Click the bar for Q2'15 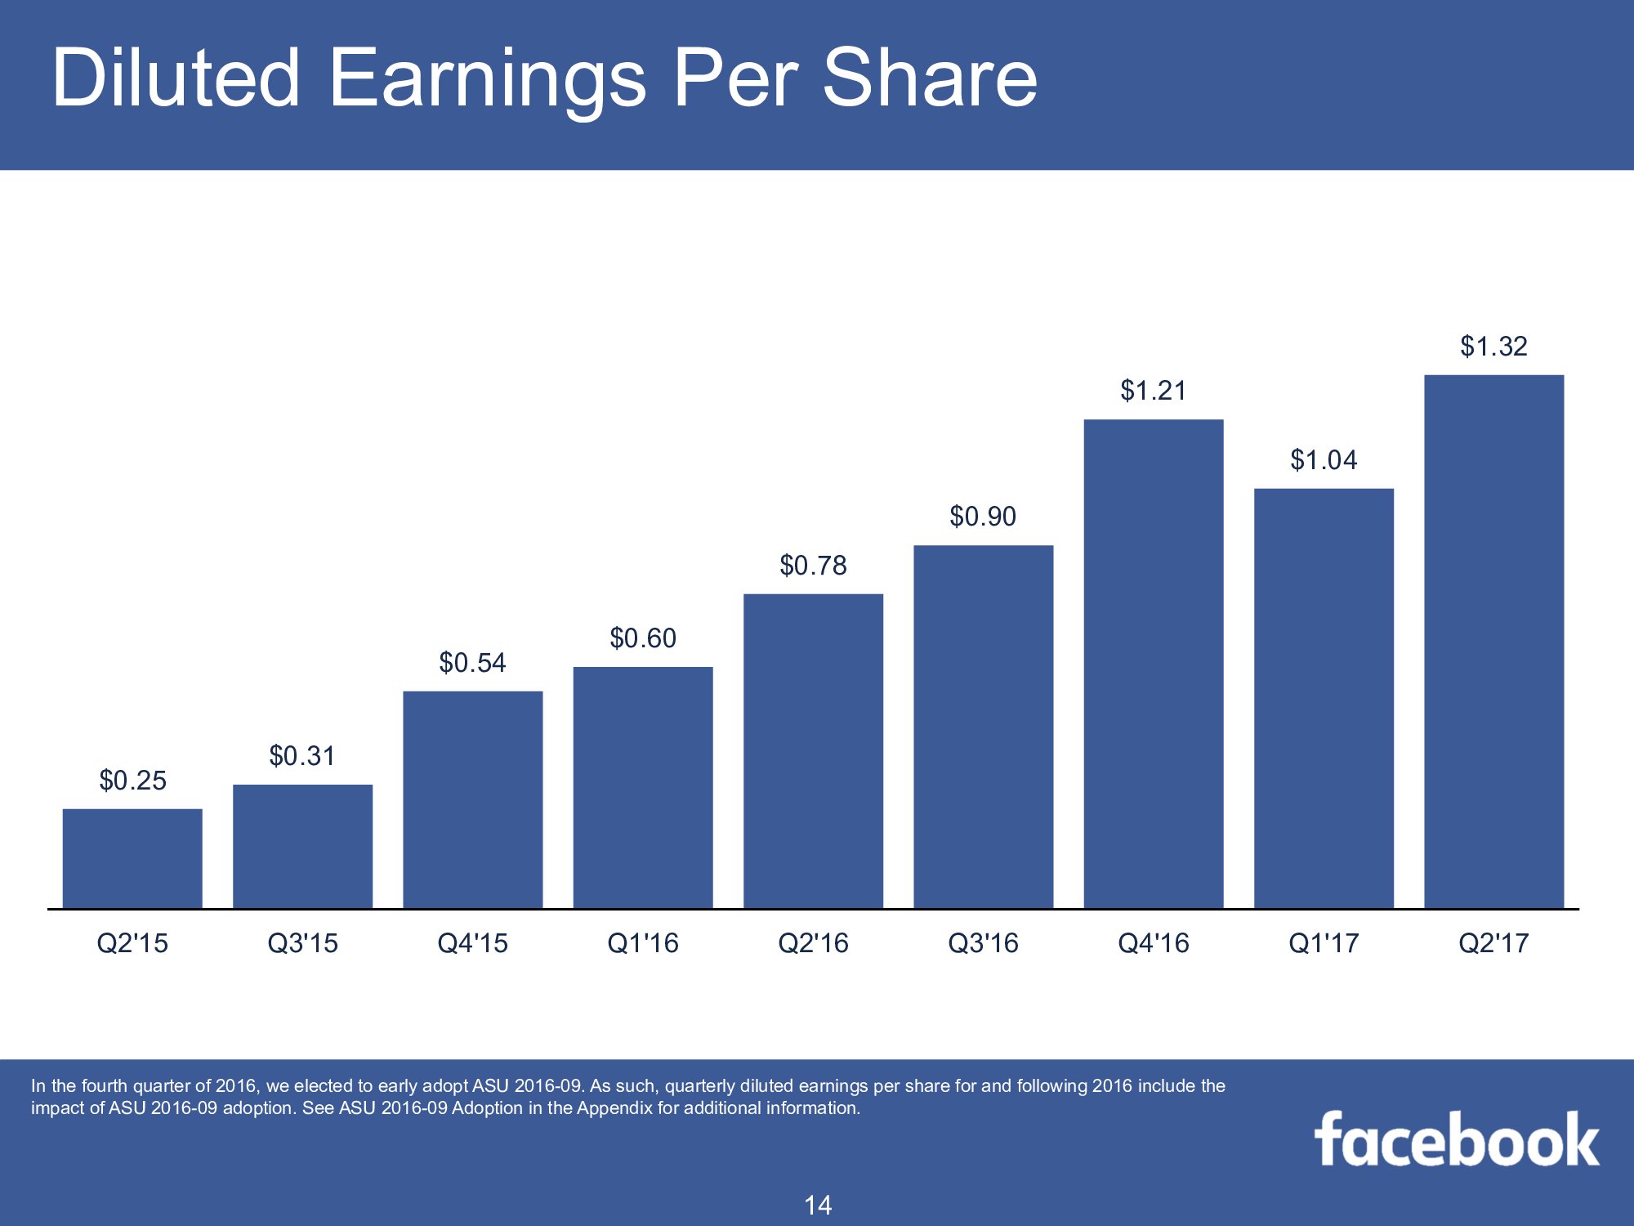coord(132,858)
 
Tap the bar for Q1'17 coord(1324,699)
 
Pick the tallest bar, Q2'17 coord(1493,642)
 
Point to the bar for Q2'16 coord(813,751)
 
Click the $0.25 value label coord(132,781)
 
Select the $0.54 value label coord(472,662)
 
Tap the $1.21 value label coord(1153,391)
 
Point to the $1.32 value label coord(1493,347)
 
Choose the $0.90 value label coord(983,517)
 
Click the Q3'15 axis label coord(302,943)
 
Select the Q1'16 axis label coord(643,943)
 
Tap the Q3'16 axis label coord(983,943)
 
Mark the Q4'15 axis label coord(472,943)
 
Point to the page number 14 coord(818,1205)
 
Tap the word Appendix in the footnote coord(612,1108)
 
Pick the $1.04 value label coord(1324,460)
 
